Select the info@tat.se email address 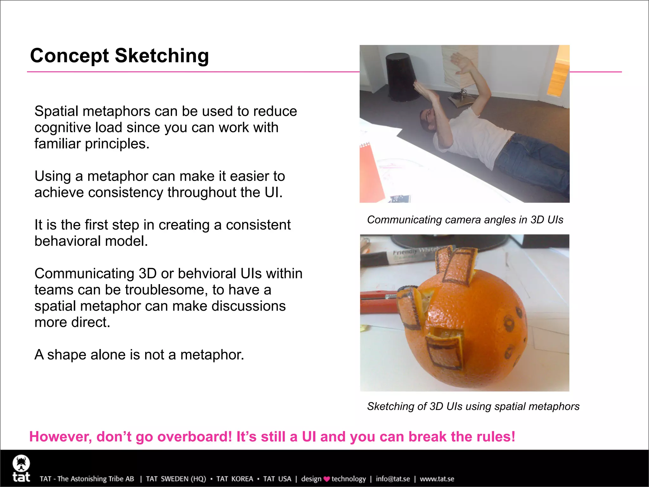click(393, 479)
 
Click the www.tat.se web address click(437, 479)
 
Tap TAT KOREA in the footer click(235, 479)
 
